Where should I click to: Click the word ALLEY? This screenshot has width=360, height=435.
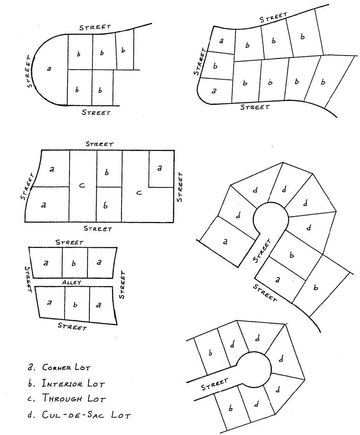[73, 283]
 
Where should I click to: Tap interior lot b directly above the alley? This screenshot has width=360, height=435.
[75, 263]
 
